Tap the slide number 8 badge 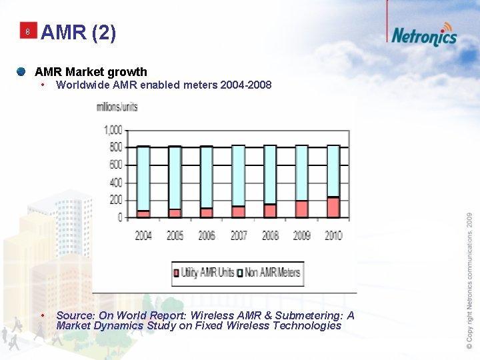point(27,32)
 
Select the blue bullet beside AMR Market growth point(22,71)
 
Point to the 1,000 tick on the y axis point(113,129)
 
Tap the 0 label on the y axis point(120,217)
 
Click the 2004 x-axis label point(143,235)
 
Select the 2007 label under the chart point(239,235)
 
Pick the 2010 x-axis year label point(333,235)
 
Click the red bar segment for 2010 point(333,207)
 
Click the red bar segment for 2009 point(301,209)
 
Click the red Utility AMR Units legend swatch point(177,273)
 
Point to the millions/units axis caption point(117,107)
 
